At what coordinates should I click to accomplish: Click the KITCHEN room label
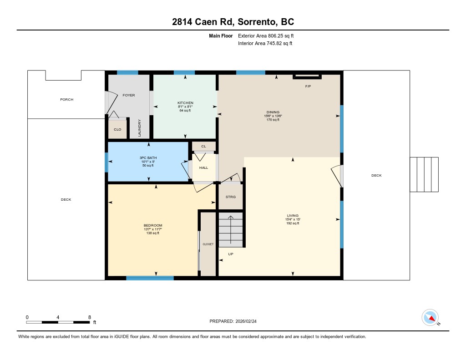pyautogui.click(x=185, y=103)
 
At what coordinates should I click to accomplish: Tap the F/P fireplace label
pyautogui.click(x=308, y=86)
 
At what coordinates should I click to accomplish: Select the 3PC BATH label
pyautogui.click(x=148, y=158)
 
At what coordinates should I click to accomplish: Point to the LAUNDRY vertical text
pyautogui.click(x=139, y=128)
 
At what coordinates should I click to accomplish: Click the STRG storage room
pyautogui.click(x=231, y=197)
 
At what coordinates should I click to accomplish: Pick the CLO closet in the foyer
pyautogui.click(x=117, y=128)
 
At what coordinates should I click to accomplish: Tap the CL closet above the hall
pyautogui.click(x=203, y=146)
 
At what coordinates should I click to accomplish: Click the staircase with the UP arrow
pyautogui.click(x=231, y=229)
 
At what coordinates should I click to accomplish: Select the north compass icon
pyautogui.click(x=431, y=318)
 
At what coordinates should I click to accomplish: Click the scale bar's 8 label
pyautogui.click(x=90, y=317)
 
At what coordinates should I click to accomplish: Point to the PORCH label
pyautogui.click(x=66, y=100)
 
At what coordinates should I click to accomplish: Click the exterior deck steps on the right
pyautogui.click(x=424, y=174)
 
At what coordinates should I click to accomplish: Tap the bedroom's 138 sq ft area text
pyautogui.click(x=153, y=233)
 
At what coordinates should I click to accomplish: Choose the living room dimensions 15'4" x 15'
pyautogui.click(x=293, y=219)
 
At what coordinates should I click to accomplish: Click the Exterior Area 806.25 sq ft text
pyautogui.click(x=266, y=36)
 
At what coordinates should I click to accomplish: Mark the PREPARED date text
pyautogui.click(x=233, y=321)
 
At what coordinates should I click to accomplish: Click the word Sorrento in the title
pyautogui.click(x=256, y=22)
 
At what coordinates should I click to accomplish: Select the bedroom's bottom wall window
pyautogui.click(x=150, y=278)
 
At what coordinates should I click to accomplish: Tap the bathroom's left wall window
pyautogui.click(x=106, y=162)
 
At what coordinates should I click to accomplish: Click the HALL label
pyautogui.click(x=203, y=167)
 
